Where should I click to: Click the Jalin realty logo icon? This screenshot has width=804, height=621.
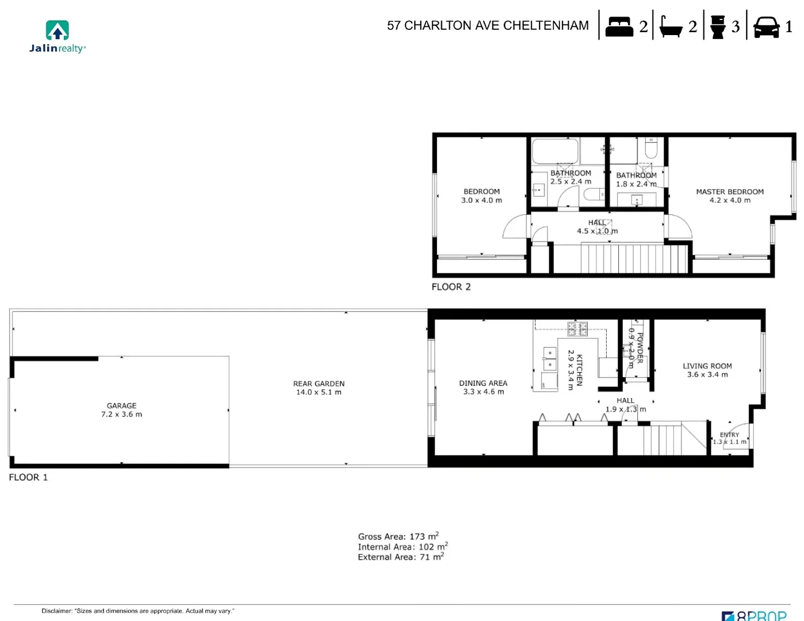pos(57,30)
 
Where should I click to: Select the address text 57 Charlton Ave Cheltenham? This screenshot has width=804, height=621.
pos(488,26)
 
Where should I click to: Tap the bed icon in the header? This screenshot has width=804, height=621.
pos(619,27)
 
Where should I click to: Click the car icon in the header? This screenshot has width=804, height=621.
pos(766,27)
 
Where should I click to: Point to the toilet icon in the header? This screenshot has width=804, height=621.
pos(718,27)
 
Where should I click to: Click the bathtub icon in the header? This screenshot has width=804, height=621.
pos(670,27)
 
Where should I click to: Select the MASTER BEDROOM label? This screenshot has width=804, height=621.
pos(730,192)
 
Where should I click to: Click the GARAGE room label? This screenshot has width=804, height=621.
pos(121,406)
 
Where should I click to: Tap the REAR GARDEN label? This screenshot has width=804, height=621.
pos(319,384)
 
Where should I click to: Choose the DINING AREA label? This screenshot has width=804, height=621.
pos(483,384)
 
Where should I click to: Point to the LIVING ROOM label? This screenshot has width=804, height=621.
pos(707,366)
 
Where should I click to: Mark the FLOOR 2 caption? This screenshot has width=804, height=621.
pos(451,287)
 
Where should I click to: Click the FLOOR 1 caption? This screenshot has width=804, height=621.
pos(28,477)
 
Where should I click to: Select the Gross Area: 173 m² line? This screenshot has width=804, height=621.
pos(398,536)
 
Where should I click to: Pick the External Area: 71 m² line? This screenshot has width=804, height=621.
pos(400,557)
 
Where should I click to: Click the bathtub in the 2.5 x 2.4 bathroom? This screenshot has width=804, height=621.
pos(555,152)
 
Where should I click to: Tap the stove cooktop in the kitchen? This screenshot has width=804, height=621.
pos(577,329)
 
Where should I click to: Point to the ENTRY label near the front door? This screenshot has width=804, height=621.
pos(729,435)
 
